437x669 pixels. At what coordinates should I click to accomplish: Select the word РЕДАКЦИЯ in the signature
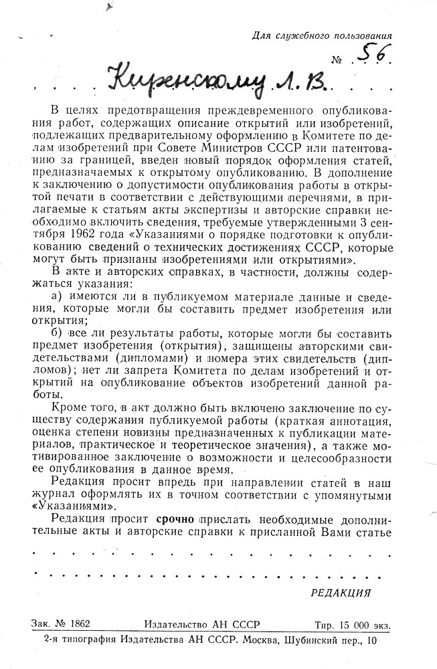coord(341,593)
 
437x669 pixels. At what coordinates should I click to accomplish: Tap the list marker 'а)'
coord(58,296)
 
